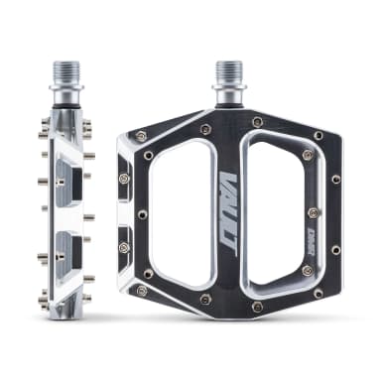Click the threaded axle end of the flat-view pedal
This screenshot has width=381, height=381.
coord(227,74)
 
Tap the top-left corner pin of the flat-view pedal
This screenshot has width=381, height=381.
coord(142,136)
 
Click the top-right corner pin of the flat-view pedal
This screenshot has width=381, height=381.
coord(317,135)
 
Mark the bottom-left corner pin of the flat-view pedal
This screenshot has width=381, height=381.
coord(142,291)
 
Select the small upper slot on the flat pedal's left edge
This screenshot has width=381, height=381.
coord(125,179)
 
